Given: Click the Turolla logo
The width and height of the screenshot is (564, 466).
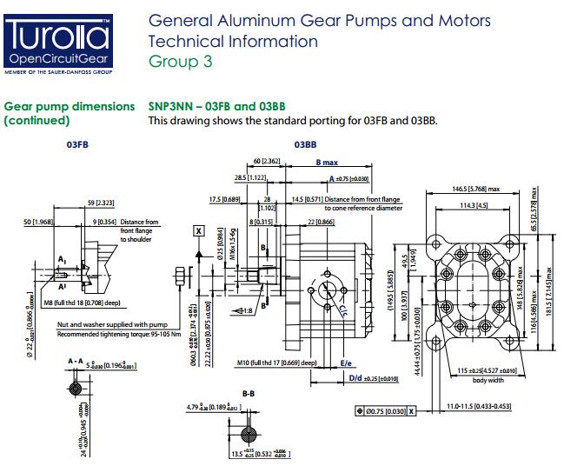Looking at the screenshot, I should click(58, 39).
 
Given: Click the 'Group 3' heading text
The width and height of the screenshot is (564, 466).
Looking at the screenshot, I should click(180, 62).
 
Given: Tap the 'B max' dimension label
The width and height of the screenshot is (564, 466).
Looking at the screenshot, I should click(328, 163).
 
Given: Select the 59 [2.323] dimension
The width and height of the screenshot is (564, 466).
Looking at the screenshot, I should click(103, 203).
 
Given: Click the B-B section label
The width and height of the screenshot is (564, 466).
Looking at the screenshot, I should click(249, 393).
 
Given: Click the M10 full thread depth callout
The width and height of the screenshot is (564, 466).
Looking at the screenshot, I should click(277, 363).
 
